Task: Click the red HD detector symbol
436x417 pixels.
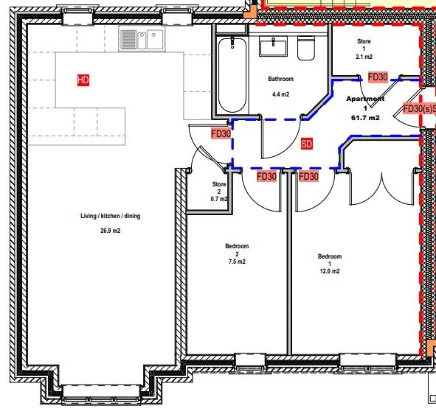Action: [83, 80]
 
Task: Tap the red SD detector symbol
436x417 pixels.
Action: [307, 144]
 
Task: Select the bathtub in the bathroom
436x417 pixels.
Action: [232, 75]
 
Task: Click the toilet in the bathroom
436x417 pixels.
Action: [306, 48]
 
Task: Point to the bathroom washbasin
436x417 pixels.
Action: [273, 46]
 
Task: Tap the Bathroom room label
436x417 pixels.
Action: [280, 79]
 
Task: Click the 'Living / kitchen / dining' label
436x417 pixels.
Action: [111, 216]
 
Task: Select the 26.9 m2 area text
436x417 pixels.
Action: [111, 231]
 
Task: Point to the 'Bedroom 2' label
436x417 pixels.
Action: [237, 250]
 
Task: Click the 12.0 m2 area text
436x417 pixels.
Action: [330, 271]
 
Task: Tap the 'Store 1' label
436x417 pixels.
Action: [364, 45]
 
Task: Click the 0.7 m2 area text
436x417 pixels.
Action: [219, 199]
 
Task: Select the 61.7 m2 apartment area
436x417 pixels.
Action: [365, 118]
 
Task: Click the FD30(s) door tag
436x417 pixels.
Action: [419, 109]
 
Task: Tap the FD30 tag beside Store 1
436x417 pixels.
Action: [378, 77]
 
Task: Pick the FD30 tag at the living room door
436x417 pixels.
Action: [221, 134]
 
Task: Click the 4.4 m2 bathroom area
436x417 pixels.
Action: [280, 94]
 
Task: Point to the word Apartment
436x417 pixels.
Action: [365, 99]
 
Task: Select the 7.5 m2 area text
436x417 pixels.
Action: [237, 262]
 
